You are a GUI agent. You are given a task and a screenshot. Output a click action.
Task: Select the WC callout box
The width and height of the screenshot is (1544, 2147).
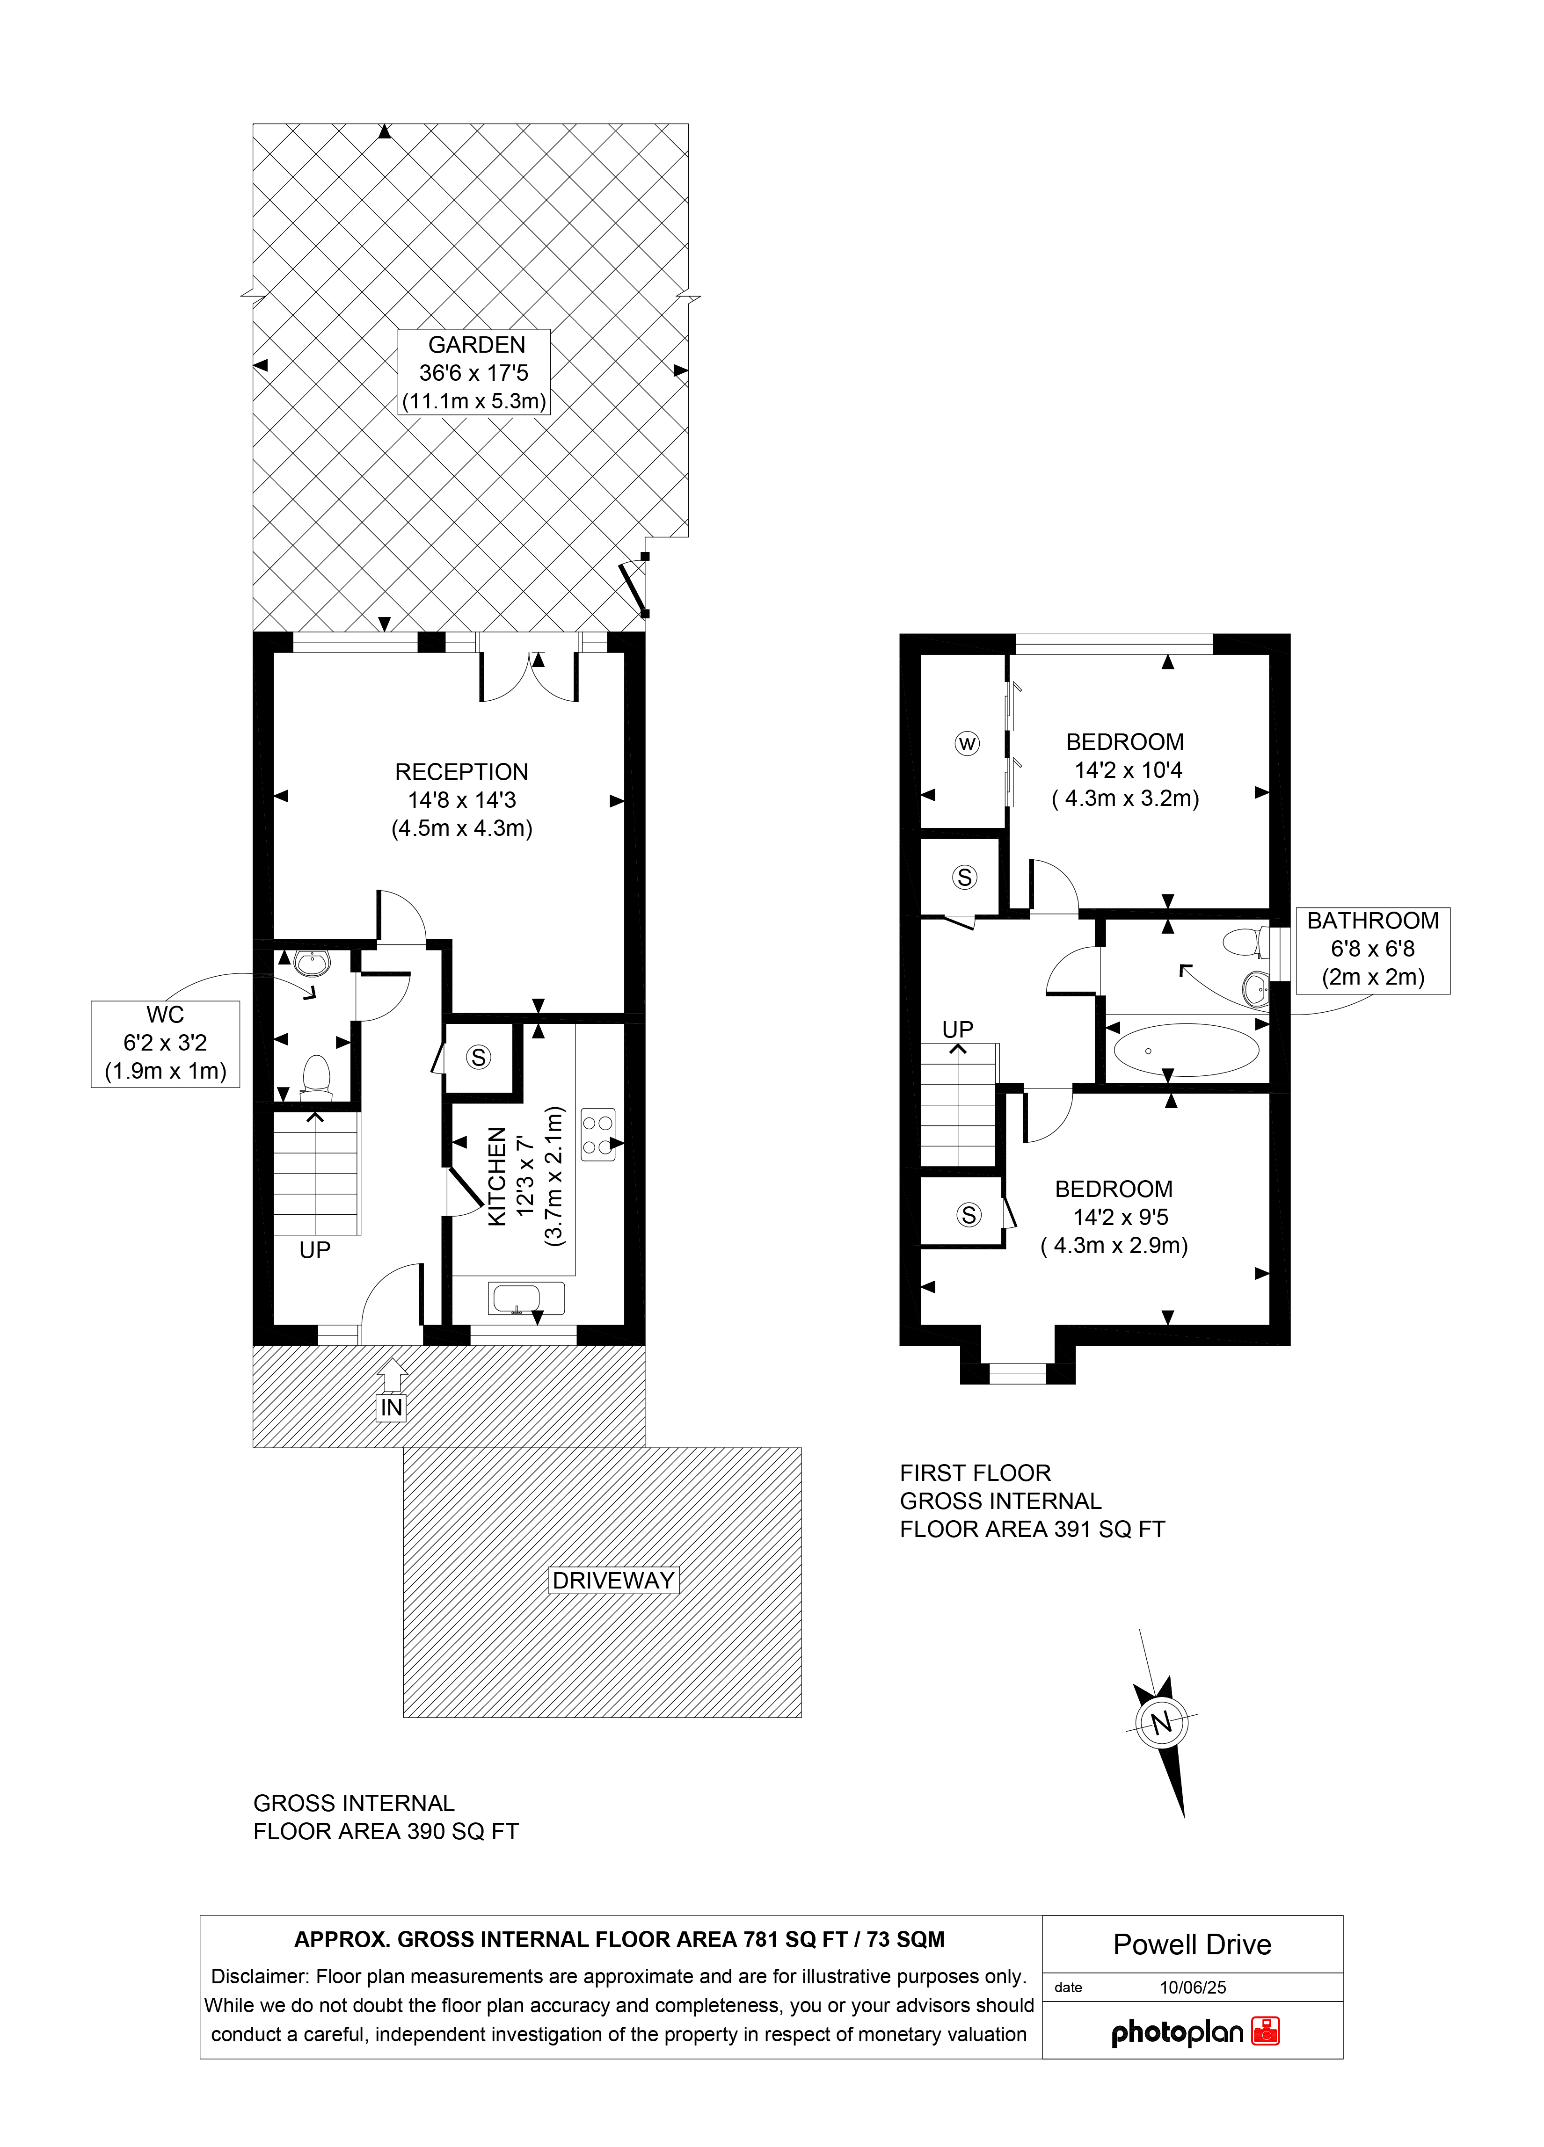(x=166, y=1043)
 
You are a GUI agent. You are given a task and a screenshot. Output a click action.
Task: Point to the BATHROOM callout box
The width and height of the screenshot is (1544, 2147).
(x=1373, y=950)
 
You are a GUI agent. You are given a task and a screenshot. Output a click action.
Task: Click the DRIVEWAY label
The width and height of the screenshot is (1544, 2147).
(x=613, y=1580)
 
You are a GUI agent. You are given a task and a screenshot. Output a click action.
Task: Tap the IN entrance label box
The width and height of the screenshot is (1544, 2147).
(x=391, y=1407)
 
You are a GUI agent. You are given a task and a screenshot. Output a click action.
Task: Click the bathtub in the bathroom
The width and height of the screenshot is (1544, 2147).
(x=1186, y=1050)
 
